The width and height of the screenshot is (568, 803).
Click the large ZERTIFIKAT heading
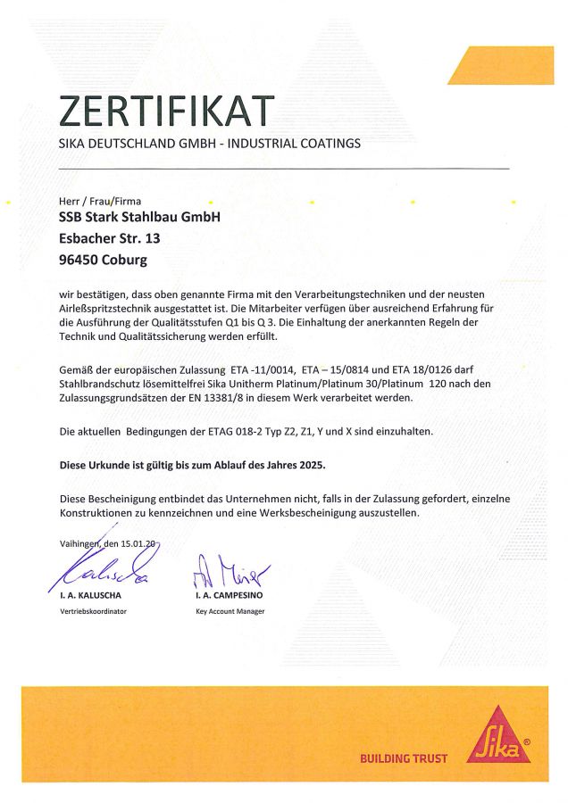165,111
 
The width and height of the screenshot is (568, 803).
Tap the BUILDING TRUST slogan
403,759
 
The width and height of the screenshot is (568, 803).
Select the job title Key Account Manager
230,611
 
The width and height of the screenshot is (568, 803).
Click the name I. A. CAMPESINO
230,593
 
